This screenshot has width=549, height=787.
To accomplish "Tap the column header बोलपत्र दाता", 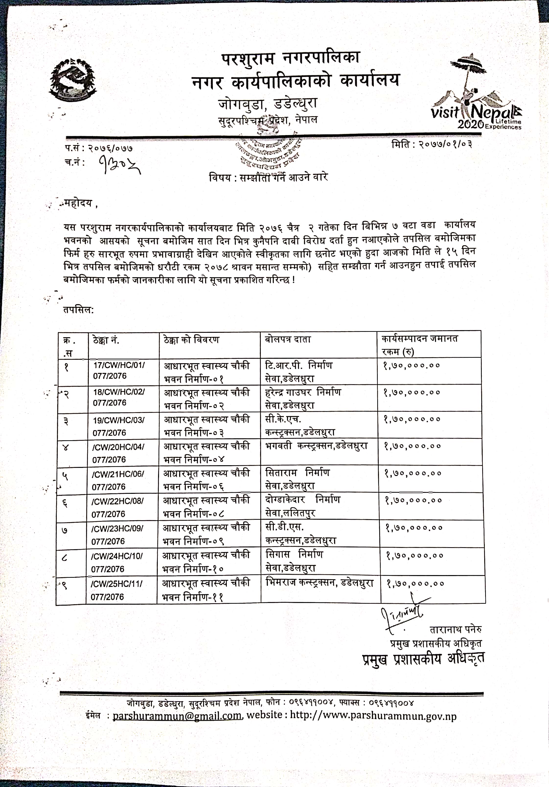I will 288,339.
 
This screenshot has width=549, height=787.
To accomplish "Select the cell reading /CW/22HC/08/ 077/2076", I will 117,507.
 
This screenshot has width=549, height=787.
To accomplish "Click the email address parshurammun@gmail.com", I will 177,716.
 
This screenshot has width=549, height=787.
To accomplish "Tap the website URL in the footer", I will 373,715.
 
